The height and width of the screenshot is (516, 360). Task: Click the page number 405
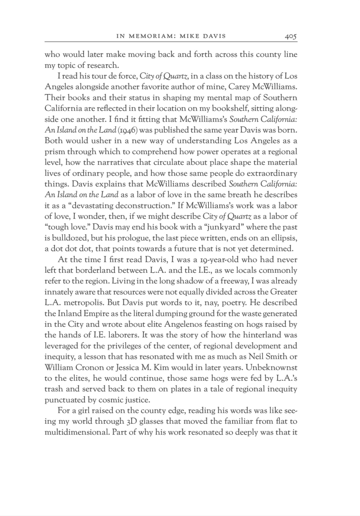(291, 36)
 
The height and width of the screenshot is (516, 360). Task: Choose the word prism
(54, 152)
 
